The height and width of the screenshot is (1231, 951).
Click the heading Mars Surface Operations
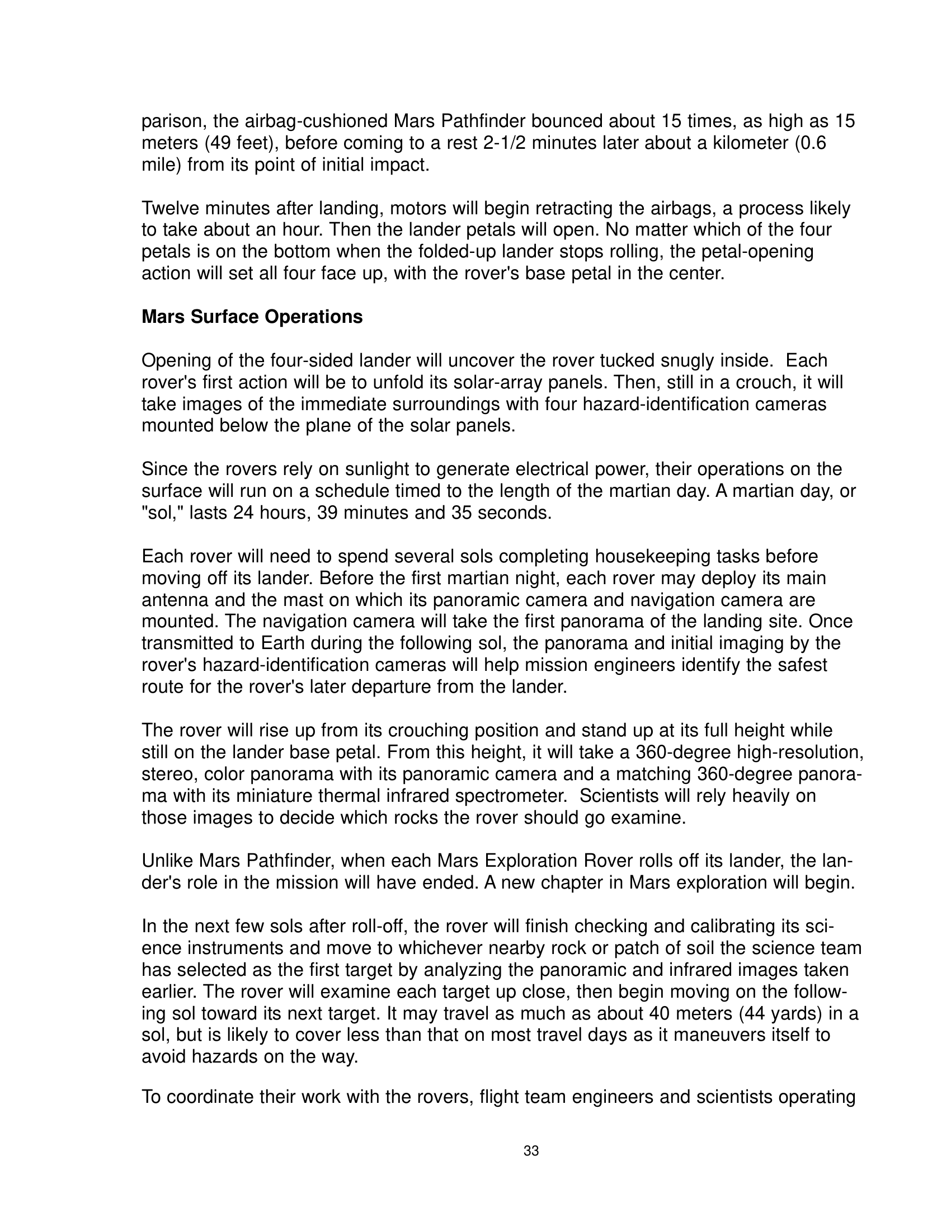[x=252, y=317]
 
